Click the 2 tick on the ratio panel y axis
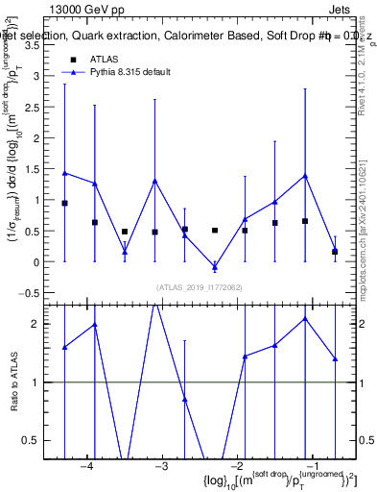[x=44, y=324]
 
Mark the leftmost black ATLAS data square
[x=64, y=204]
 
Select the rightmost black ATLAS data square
[x=335, y=252]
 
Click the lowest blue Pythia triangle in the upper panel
[x=215, y=266]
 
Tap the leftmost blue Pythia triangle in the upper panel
[x=64, y=173]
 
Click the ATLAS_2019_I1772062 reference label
[x=199, y=287]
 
